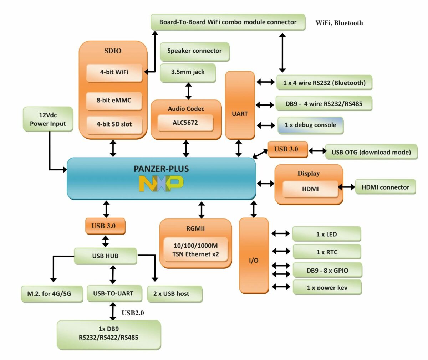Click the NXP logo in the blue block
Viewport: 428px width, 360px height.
point(161,183)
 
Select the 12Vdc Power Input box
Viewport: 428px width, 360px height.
point(48,119)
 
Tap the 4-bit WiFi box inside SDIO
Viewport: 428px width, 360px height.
point(114,72)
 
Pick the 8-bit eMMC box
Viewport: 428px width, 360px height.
point(114,101)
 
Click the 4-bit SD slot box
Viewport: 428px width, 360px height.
point(114,124)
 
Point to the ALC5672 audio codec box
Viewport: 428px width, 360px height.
point(185,123)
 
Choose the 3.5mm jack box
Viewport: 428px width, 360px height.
point(188,72)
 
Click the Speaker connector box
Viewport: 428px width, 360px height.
point(194,51)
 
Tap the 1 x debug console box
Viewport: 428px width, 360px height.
point(310,125)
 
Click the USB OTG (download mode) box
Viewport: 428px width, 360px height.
point(371,152)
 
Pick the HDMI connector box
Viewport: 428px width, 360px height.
point(385,187)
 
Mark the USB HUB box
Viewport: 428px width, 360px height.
point(105,256)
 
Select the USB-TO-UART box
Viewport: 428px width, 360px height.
point(113,294)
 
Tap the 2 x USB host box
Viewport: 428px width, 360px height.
point(171,294)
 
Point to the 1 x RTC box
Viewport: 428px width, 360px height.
point(327,252)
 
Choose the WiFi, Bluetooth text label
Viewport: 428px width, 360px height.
point(339,23)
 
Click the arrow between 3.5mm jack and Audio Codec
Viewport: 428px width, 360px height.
point(188,91)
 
